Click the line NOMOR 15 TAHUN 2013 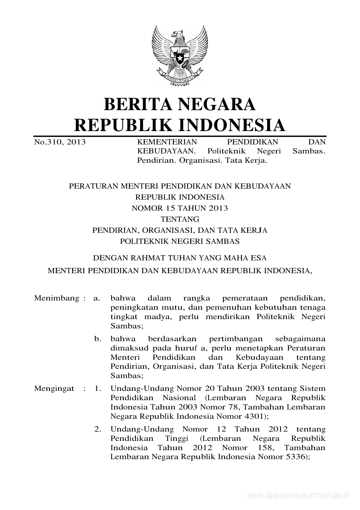tap(180, 208)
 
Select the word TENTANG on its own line tap(180, 219)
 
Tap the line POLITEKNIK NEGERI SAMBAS tap(180, 241)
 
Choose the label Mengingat tap(54, 389)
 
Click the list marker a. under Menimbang tap(97, 298)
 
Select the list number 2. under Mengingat tap(98, 429)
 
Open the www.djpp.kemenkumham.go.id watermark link tap(298, 495)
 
